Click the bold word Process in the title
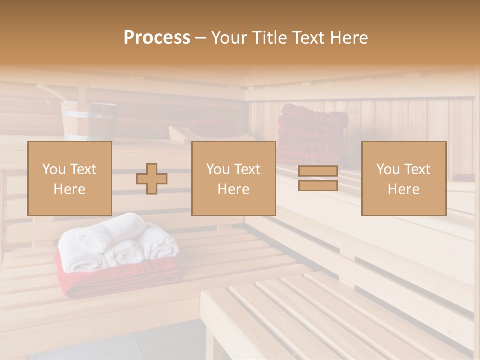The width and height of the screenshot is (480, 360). point(157,38)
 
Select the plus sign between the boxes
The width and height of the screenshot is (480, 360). point(152,179)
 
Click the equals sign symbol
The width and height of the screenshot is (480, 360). point(318,178)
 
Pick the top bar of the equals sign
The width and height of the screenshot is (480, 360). point(318,171)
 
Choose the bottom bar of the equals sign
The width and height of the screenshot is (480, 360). point(318,185)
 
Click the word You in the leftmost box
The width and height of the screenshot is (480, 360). point(53,169)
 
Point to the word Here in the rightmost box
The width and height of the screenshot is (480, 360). point(404,189)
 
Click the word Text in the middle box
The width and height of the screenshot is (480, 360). point(248,169)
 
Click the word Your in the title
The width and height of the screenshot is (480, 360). point(230,38)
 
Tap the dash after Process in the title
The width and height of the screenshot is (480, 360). point(200,38)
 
